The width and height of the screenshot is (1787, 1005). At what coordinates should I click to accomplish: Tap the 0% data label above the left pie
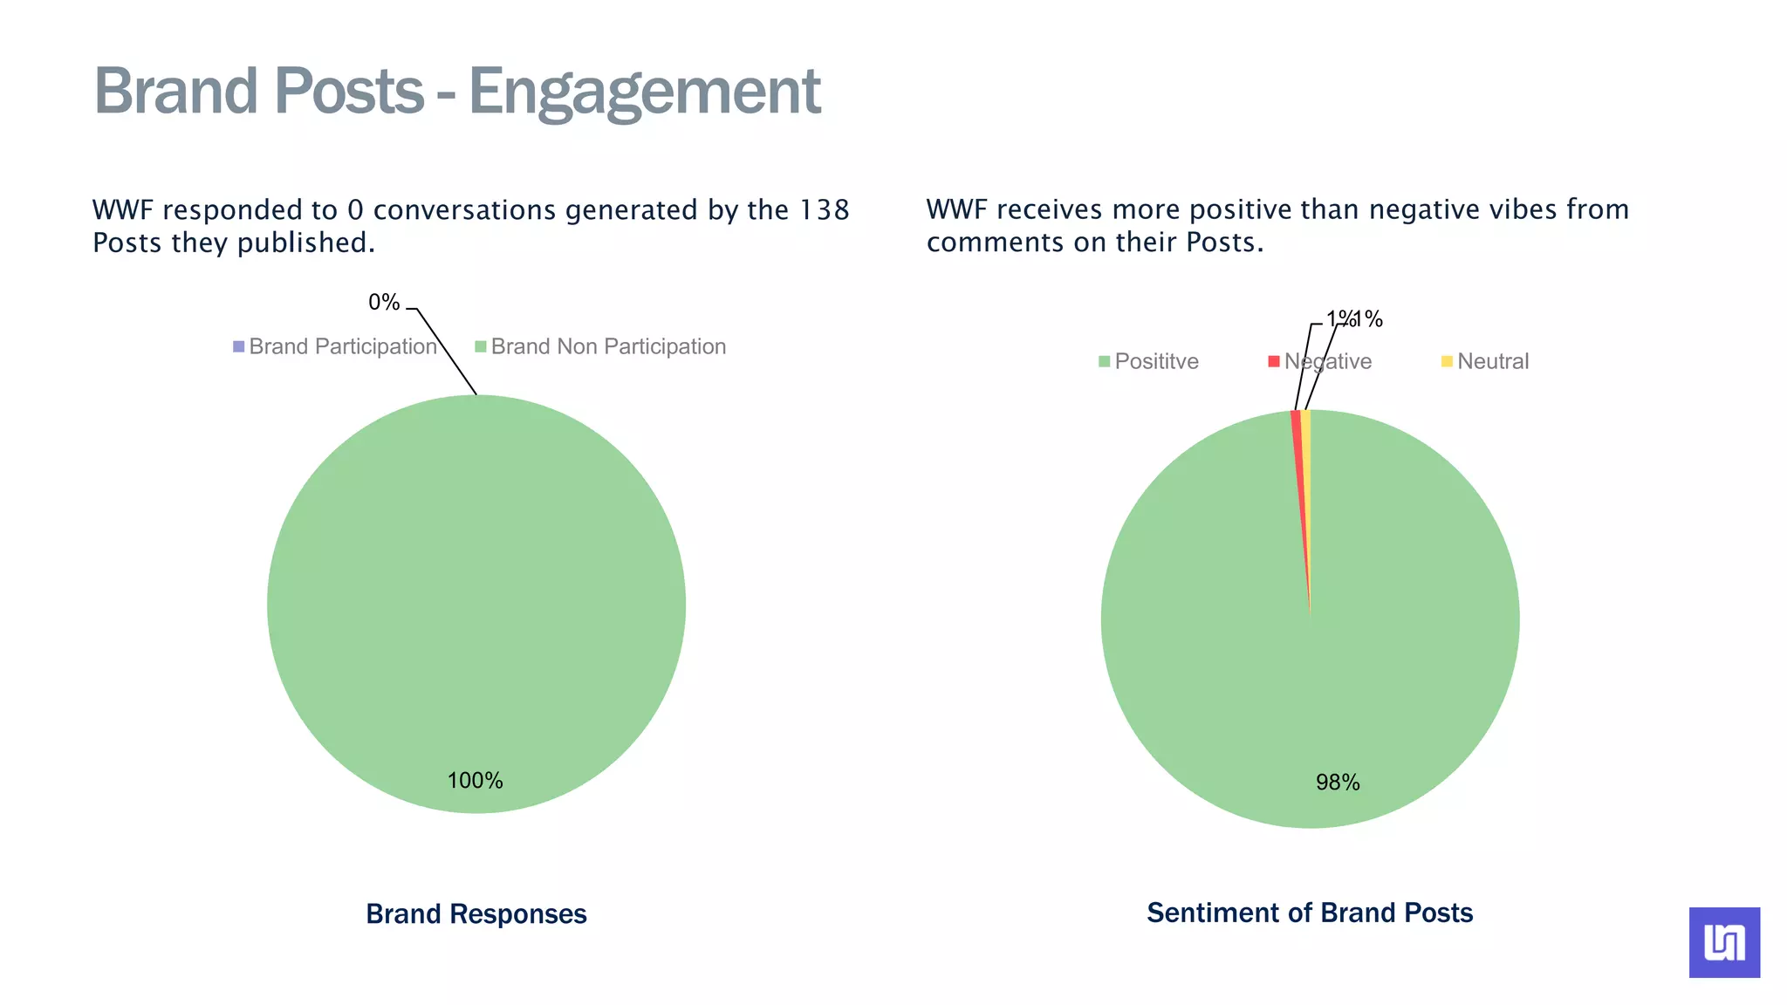click(x=384, y=303)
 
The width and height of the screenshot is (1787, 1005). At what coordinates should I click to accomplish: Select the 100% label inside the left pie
click(x=475, y=781)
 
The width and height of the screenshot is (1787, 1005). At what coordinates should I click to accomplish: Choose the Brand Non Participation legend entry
click(x=607, y=347)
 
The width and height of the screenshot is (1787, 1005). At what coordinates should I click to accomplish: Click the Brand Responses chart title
click(x=476, y=914)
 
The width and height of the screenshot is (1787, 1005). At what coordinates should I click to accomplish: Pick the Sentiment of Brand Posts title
click(x=1309, y=913)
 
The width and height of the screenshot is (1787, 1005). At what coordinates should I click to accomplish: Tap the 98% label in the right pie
click(x=1338, y=783)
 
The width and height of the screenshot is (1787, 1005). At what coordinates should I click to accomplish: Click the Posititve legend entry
click(x=1156, y=362)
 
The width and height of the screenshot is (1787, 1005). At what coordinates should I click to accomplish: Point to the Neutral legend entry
click(x=1492, y=362)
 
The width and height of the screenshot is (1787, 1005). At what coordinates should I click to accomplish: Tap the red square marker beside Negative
click(x=1274, y=361)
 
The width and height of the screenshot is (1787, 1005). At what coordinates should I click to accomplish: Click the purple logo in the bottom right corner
click(x=1724, y=942)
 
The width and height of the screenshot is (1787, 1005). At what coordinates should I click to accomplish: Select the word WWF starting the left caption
click(x=123, y=210)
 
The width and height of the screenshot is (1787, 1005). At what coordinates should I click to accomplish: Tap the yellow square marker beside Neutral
click(x=1447, y=361)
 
